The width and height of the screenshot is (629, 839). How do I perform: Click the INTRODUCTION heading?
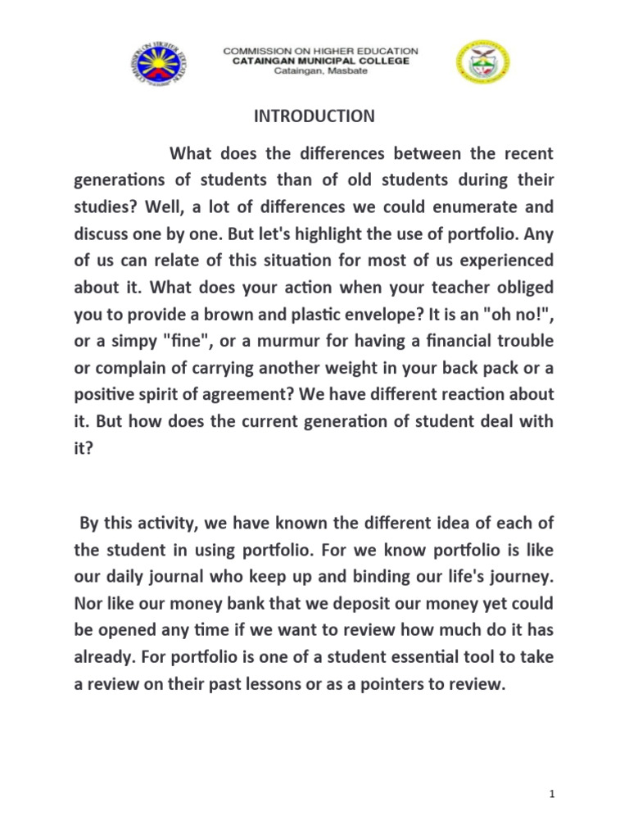[314, 116]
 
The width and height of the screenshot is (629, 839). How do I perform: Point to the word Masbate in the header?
[347, 70]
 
